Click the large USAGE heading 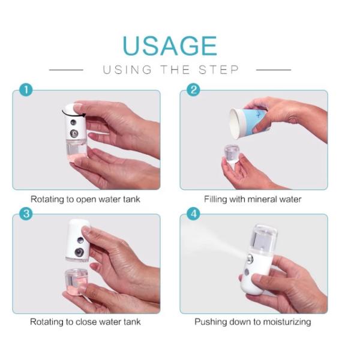click(170, 46)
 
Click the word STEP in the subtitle click(219, 70)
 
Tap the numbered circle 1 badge click(26, 90)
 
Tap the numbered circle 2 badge click(193, 90)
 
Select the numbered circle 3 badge click(26, 214)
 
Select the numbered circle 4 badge click(193, 214)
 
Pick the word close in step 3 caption click(85, 322)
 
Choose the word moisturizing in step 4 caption click(287, 322)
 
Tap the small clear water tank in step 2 click(232, 154)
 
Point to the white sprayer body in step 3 click(78, 240)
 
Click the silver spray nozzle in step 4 click(250, 259)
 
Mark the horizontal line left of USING click(66, 70)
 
